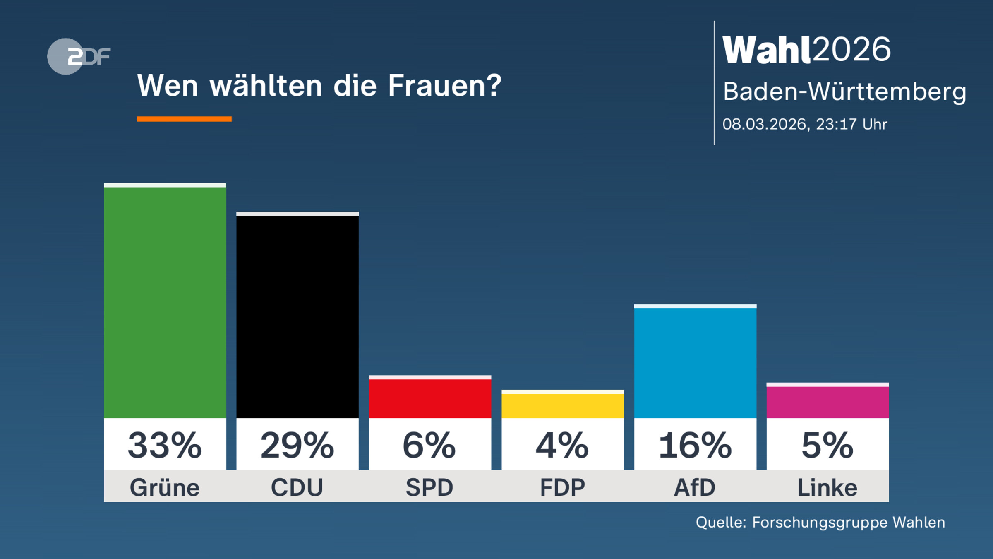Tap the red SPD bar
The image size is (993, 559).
pyautogui.click(x=430, y=398)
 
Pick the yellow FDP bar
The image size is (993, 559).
pyautogui.click(x=562, y=405)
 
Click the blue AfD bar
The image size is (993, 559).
pyautogui.click(x=695, y=362)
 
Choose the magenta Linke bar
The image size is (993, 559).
pyautogui.click(x=827, y=401)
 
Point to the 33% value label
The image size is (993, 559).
pyautogui.click(x=165, y=446)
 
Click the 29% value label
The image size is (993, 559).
pyautogui.click(x=297, y=446)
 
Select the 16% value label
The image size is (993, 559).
pyautogui.click(x=695, y=446)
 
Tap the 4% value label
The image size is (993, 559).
pyautogui.click(x=562, y=446)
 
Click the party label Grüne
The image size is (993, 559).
pyautogui.click(x=165, y=487)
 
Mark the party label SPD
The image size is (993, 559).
pyautogui.click(x=430, y=487)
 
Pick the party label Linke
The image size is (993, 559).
pyautogui.click(x=827, y=487)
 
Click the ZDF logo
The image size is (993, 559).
pyautogui.click(x=79, y=56)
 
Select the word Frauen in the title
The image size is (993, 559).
pyautogui.click(x=444, y=86)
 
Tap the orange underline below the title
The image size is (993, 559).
pyautogui.click(x=184, y=119)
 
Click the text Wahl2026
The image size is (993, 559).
pyautogui.click(x=806, y=50)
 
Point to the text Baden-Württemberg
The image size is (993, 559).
pyautogui.click(x=844, y=91)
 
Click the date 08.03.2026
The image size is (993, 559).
pyautogui.click(x=765, y=124)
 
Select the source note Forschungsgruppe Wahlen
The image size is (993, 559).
pyautogui.click(x=848, y=522)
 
